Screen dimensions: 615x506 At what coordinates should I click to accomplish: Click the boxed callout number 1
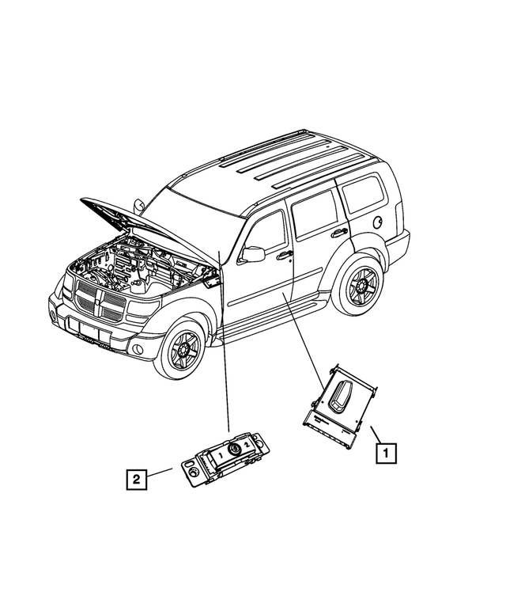click(x=386, y=454)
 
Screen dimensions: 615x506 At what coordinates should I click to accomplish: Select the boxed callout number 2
click(x=137, y=478)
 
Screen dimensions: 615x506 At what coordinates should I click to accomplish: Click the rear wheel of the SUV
click(x=363, y=287)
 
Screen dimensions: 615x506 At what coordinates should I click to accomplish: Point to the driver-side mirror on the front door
click(x=253, y=254)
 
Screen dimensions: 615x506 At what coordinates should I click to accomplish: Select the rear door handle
click(x=340, y=232)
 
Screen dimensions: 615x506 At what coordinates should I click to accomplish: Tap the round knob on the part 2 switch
click(x=235, y=450)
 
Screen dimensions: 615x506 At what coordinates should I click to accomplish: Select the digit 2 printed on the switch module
click(x=248, y=446)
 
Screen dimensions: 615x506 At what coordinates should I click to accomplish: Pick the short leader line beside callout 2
click(x=161, y=473)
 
